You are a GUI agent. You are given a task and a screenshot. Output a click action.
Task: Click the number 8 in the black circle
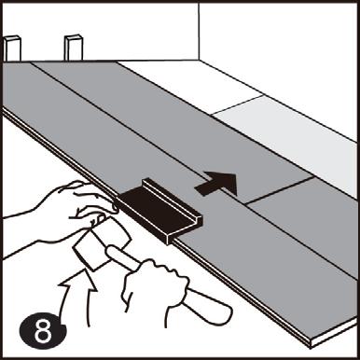(x=43, y=332)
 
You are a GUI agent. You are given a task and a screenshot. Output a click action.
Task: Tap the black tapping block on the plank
(x=160, y=210)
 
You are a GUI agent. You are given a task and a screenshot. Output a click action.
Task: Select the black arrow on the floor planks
(x=216, y=184)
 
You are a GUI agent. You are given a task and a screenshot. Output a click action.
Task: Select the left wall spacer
(x=12, y=48)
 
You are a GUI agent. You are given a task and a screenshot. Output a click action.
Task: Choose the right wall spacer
(x=74, y=48)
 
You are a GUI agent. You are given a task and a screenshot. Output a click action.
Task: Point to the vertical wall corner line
(x=199, y=32)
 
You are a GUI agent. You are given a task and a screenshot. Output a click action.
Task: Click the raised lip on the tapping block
(x=171, y=199)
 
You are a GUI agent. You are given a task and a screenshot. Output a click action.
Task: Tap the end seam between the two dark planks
(x=279, y=190)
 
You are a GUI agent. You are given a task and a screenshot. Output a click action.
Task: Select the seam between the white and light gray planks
(x=238, y=104)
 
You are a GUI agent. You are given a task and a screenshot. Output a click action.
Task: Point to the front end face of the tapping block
(x=185, y=230)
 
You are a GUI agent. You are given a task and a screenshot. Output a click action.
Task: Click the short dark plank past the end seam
(x=306, y=217)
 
